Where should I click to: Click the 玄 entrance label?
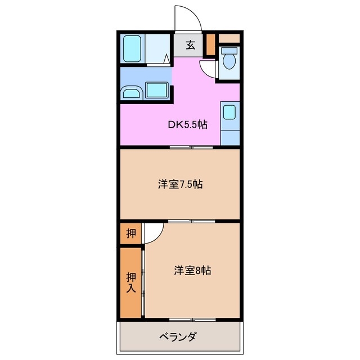[191, 46]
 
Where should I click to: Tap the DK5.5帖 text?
[187, 124]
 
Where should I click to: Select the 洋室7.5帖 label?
[179, 183]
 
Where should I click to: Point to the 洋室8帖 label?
[192, 270]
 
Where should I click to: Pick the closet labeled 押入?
[130, 282]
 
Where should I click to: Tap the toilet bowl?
[229, 58]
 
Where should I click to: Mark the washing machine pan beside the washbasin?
[157, 89]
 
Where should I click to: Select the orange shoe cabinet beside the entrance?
[210, 44]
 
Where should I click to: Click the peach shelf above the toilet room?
[229, 38]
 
